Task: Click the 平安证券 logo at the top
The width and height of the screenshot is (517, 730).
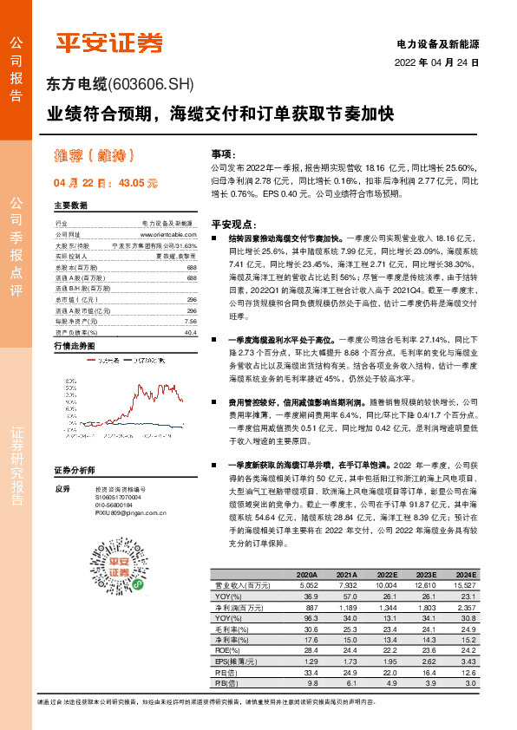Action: [109, 42]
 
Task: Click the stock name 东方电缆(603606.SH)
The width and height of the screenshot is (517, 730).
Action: [119, 85]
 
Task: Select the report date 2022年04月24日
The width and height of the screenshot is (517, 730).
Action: [436, 63]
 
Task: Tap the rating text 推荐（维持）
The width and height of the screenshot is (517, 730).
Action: [91, 156]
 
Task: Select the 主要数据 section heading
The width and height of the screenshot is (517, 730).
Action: [71, 205]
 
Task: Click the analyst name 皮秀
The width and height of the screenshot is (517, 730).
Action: [61, 488]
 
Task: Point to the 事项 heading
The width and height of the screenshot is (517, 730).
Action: [222, 152]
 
